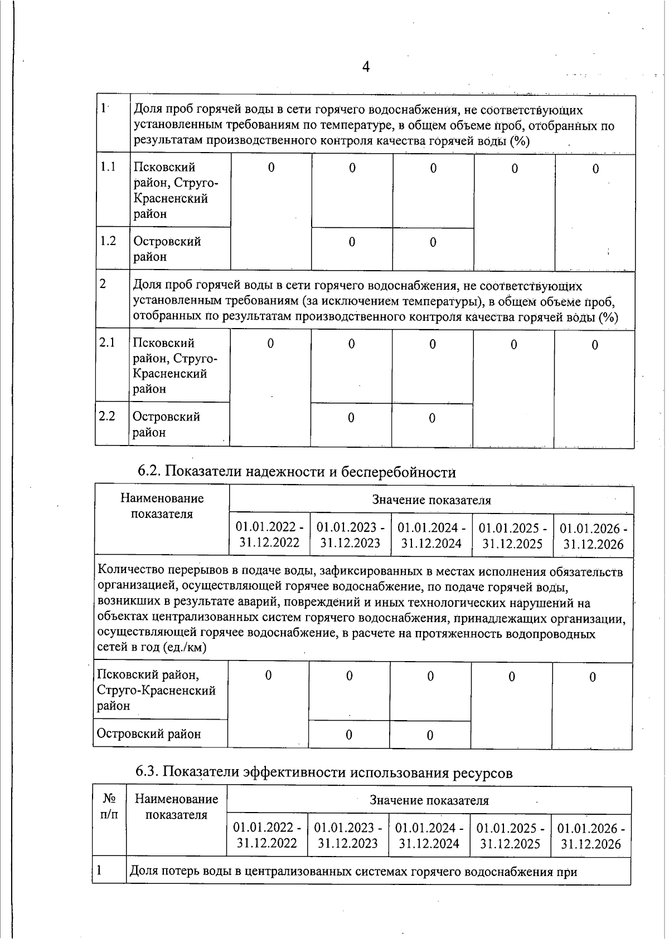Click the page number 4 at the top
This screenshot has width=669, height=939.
366,67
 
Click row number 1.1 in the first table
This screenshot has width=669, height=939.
108,167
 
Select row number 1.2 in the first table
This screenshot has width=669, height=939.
108,241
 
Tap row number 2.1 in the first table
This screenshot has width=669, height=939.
107,343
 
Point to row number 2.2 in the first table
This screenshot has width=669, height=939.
106,416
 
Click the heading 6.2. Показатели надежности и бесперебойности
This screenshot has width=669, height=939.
297,472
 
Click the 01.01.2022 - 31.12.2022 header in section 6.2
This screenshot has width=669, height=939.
269,535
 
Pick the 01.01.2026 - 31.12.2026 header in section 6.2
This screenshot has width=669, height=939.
593,536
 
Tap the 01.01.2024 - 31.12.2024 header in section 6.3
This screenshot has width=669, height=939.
429,835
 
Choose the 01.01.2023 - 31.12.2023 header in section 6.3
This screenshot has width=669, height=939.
348,835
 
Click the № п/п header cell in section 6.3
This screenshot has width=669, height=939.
109,807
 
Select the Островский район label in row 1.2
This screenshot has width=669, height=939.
167,249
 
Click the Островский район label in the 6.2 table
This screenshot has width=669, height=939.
149,733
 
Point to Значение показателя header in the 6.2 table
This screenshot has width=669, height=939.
431,500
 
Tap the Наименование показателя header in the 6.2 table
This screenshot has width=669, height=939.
162,506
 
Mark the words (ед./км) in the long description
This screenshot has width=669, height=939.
184,648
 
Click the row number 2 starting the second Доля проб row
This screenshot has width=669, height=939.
103,283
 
